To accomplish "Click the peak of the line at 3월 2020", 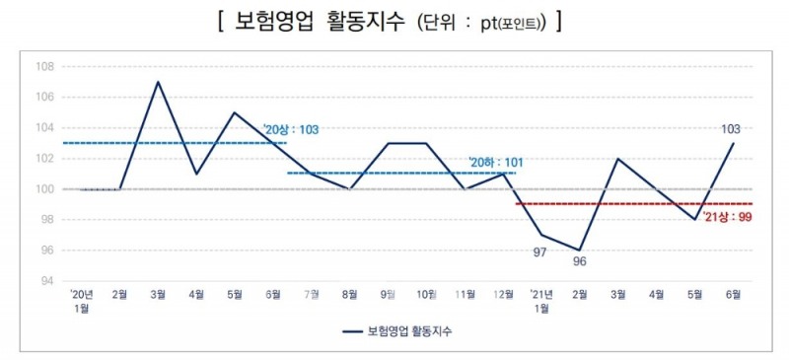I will (158, 82).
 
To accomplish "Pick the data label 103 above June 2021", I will (730, 128).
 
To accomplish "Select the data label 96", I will (579, 262).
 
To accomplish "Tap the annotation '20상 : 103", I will (291, 129).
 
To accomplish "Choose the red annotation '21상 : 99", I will (730, 216).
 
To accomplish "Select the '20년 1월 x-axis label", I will (81, 301).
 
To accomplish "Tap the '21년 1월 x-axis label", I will (541, 301).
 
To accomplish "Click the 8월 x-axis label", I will (351, 295).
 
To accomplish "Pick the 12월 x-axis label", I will (503, 295).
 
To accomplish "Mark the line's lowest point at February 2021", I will (580, 250).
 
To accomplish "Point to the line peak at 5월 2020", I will (234, 112).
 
